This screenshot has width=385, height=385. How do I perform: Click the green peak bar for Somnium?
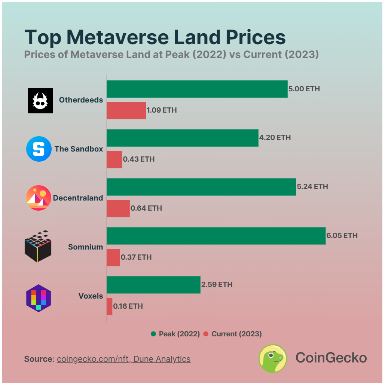(216, 236)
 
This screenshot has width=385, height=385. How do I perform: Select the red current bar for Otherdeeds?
(126, 110)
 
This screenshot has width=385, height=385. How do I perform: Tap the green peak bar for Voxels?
(153, 285)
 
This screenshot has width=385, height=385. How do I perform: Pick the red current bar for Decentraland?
(118, 208)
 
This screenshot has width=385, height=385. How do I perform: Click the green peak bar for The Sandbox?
(183, 138)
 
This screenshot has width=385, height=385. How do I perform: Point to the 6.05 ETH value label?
(342, 236)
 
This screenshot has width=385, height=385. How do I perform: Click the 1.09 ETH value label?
(162, 110)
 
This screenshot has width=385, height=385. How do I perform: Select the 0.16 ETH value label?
(128, 306)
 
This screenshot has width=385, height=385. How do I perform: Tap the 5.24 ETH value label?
(312, 187)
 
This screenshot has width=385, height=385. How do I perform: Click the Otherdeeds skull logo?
(40, 101)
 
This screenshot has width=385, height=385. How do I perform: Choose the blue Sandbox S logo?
(39, 149)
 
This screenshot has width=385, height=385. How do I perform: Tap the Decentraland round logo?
(39, 198)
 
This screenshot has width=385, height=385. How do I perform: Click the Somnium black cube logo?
(38, 247)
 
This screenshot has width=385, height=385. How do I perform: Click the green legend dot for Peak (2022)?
(153, 334)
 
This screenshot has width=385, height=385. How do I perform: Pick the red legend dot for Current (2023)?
(206, 334)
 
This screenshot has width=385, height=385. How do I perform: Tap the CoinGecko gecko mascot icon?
(273, 358)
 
